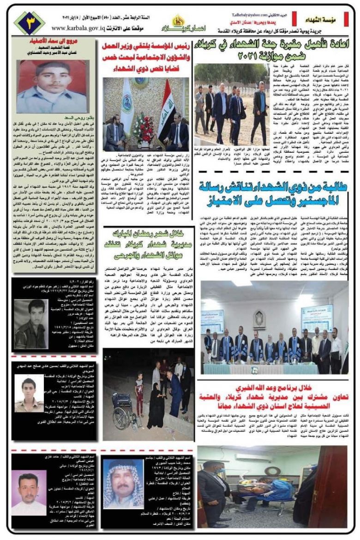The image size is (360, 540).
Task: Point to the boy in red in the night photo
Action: [x=139, y=387]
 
